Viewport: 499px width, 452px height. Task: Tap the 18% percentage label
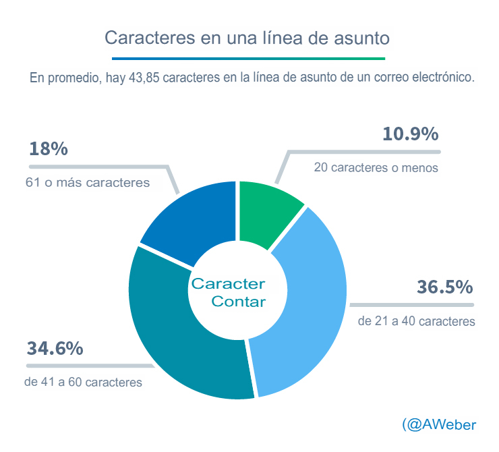coord(49,149)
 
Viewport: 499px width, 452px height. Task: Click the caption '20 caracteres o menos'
coord(376,168)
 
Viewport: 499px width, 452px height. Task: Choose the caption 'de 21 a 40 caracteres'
coord(416,321)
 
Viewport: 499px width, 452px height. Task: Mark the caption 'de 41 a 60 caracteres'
coord(83,382)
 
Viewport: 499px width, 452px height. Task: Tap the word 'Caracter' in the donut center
coord(228,283)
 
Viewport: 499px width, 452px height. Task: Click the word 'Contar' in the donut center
coord(238,302)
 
